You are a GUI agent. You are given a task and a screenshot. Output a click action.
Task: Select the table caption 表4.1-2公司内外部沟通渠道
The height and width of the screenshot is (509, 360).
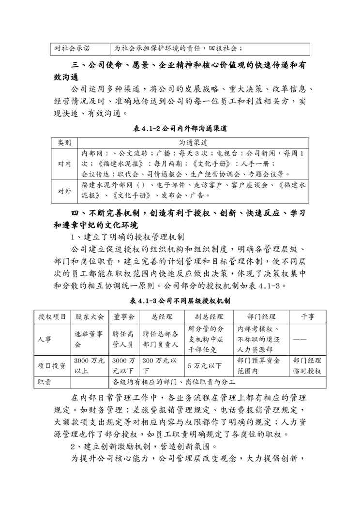click(180, 129)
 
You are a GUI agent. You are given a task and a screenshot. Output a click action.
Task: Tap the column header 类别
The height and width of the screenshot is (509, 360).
click(64, 143)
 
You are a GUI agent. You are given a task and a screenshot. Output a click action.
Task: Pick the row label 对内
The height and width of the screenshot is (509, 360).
click(64, 164)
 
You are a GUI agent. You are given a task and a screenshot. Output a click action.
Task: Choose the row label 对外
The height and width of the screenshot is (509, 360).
click(64, 191)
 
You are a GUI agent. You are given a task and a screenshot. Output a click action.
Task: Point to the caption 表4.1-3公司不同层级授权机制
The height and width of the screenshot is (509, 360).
click(180, 301)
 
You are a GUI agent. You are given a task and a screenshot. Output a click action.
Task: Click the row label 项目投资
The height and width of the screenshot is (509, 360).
click(52, 365)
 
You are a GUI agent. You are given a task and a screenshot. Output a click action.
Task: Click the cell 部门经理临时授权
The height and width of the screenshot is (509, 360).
click(307, 365)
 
